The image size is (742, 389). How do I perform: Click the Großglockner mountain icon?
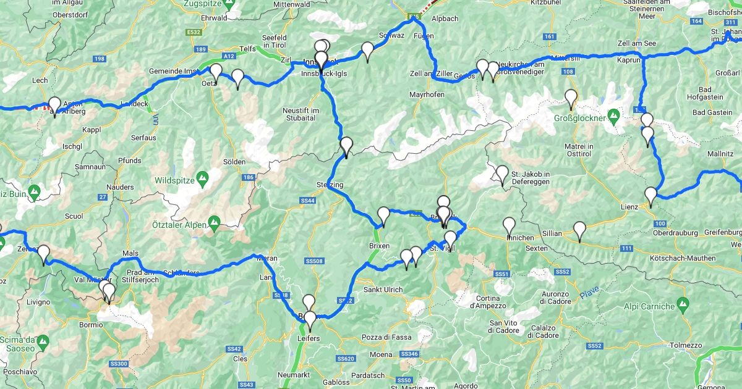click(613, 115)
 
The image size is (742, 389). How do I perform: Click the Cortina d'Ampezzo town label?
click(493, 301)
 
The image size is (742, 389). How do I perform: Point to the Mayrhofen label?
click(427, 95)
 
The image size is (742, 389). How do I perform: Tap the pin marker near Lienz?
click(650, 196)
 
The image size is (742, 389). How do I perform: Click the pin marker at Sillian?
click(579, 230)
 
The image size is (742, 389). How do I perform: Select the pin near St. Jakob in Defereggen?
click(502, 174)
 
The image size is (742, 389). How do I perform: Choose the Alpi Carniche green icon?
click(683, 303)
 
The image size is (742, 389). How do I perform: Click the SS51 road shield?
click(501, 274)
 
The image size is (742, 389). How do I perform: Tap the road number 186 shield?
click(249, 178)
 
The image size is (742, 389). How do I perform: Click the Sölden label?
click(234, 162)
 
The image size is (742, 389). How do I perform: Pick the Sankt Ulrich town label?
click(383, 290)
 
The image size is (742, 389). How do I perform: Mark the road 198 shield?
click(99, 59)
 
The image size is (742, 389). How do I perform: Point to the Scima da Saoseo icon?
click(43, 340)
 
